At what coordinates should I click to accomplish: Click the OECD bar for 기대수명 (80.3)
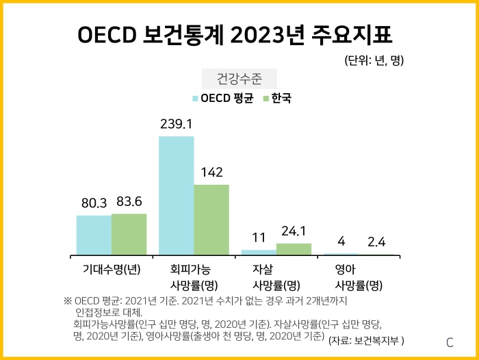[x=94, y=235]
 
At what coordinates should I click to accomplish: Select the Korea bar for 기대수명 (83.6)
[x=129, y=234]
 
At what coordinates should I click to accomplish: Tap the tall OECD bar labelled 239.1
[x=176, y=195]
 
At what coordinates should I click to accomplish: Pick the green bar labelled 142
[x=211, y=219]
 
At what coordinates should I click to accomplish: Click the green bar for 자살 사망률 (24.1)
[x=294, y=249]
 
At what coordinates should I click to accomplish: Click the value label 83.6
[x=129, y=202]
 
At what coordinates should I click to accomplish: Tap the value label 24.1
[x=294, y=231]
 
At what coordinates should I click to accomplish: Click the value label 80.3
[x=94, y=203]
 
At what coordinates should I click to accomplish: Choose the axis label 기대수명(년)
[x=112, y=269]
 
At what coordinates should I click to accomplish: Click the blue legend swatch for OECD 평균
[x=196, y=99]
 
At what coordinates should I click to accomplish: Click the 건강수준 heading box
[x=239, y=77]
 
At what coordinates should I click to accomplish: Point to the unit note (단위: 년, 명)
[x=374, y=60]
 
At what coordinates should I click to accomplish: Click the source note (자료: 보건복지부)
[x=367, y=339]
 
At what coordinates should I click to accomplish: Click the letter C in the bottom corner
[x=450, y=342]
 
